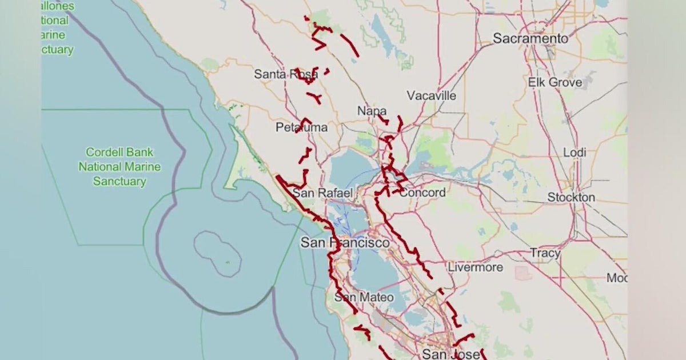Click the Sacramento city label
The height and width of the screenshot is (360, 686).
(x=531, y=39)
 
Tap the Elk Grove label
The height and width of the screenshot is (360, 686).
(x=555, y=82)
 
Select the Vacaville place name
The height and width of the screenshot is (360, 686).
(x=432, y=95)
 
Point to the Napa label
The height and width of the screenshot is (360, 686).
(x=372, y=111)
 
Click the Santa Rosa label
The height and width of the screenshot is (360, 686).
(x=286, y=74)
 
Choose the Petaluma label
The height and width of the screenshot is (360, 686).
(x=302, y=127)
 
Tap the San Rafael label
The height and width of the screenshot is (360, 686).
(x=322, y=193)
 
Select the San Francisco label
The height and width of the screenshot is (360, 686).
(x=345, y=243)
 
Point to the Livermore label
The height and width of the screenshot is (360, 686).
(x=475, y=267)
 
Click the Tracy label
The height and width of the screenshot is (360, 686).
(x=545, y=253)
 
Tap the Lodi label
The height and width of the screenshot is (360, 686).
(x=575, y=153)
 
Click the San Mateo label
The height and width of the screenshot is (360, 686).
(x=364, y=297)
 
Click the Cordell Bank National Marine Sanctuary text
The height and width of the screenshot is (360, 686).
(x=119, y=167)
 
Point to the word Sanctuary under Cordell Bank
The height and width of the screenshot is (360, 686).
(x=119, y=182)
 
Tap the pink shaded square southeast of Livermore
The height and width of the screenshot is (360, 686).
(x=523, y=273)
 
